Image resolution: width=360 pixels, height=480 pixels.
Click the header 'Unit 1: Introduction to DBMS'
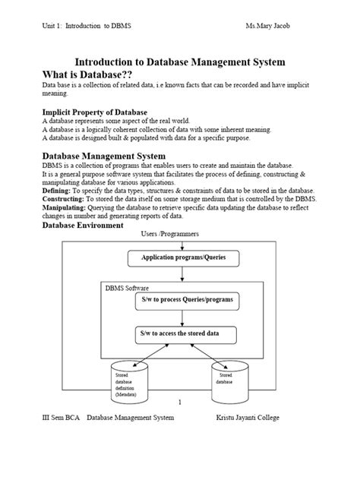pyautogui.click(x=87, y=25)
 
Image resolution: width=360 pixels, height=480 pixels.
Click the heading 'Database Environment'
pyautogui.click(x=83, y=226)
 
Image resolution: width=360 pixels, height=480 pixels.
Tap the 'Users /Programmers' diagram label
pyautogui.click(x=171, y=235)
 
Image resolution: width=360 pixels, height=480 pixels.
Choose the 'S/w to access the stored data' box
pyautogui.click(x=185, y=333)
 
